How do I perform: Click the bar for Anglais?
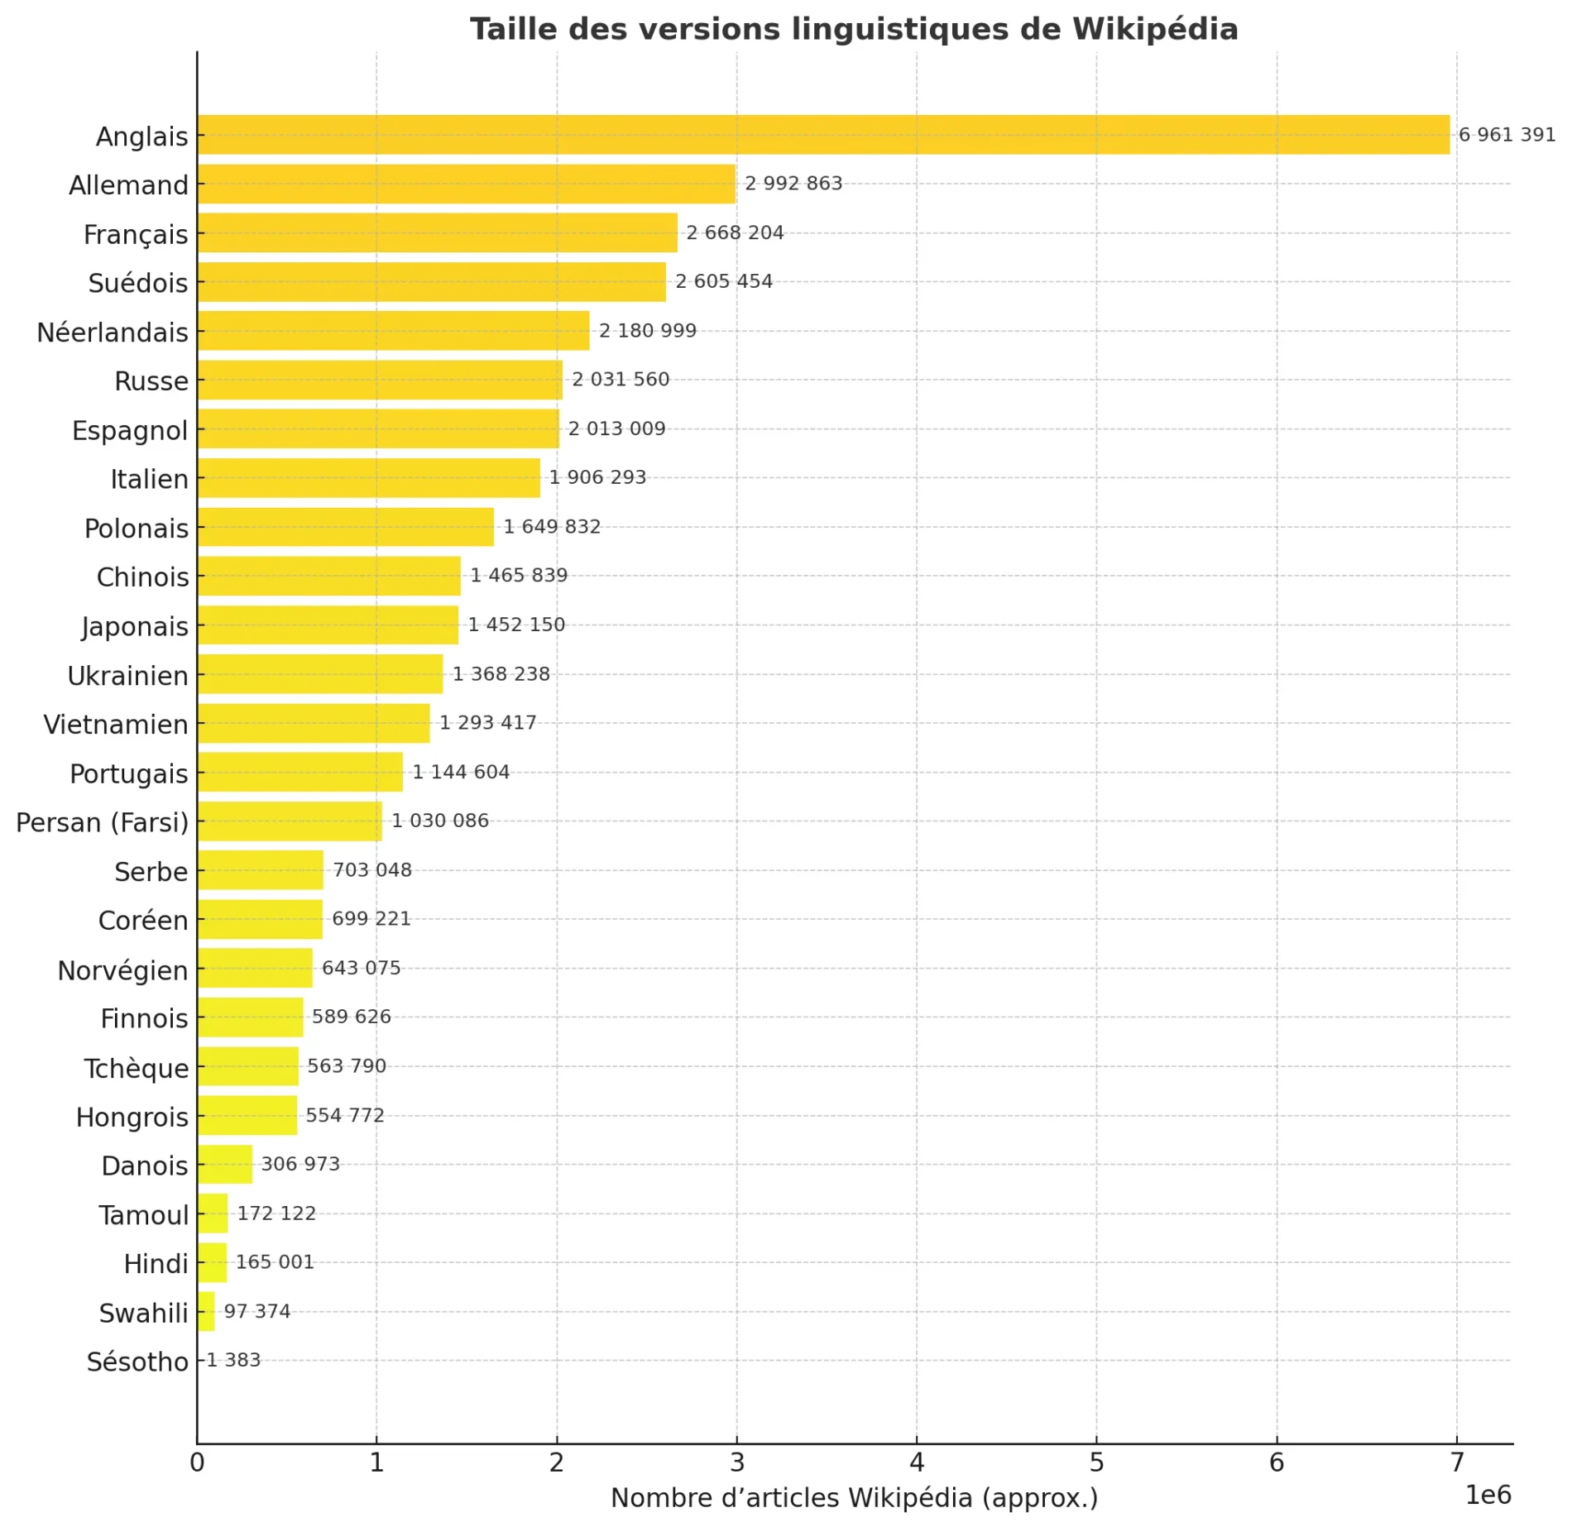click(x=823, y=135)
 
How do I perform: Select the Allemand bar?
click(x=467, y=184)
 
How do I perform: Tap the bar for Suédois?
click(x=431, y=282)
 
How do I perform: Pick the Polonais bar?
click(x=345, y=527)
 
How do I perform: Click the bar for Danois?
click(x=224, y=1164)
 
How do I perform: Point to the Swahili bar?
click(x=206, y=1311)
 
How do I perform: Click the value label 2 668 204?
click(x=735, y=233)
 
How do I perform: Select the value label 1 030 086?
click(x=440, y=821)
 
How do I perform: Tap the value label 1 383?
click(x=233, y=1360)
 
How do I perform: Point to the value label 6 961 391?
click(x=1507, y=135)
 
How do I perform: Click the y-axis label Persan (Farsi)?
click(x=103, y=822)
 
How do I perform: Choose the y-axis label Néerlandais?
click(x=113, y=333)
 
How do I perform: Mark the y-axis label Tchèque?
click(x=137, y=1068)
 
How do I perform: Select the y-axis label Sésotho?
click(x=137, y=1362)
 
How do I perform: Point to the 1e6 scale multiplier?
click(x=1488, y=1495)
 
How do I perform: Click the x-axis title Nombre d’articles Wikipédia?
click(x=854, y=1498)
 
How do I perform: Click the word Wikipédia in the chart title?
click(x=1155, y=30)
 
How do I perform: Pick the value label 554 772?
click(x=345, y=1115)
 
